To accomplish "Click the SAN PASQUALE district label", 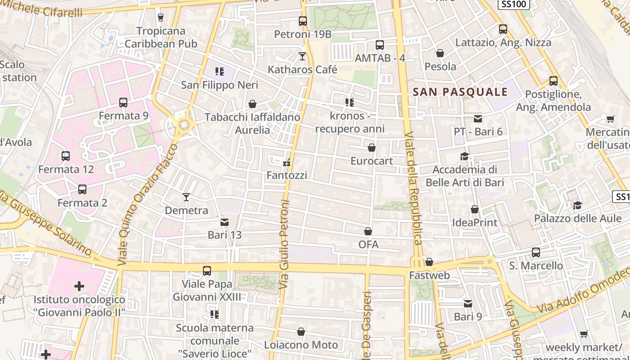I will (x=460, y=92).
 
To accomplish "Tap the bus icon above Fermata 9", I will (x=123, y=103).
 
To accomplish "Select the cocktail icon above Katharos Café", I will (x=302, y=56).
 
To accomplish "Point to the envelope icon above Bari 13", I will (x=225, y=222).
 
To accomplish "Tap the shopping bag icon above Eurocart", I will (x=372, y=148).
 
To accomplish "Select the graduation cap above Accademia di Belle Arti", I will (x=464, y=156).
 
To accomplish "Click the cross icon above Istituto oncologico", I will (x=79, y=286).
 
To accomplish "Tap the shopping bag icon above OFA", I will (x=368, y=231).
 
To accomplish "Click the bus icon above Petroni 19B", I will (x=303, y=21).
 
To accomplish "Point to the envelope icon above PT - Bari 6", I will (x=478, y=119).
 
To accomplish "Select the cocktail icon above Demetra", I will (x=186, y=197).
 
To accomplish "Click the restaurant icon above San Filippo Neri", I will (x=220, y=72).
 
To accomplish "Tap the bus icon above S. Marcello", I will (x=536, y=252).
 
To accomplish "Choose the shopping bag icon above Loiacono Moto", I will (x=301, y=332).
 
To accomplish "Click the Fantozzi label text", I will (x=287, y=175).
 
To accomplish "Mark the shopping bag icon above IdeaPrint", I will (x=475, y=209).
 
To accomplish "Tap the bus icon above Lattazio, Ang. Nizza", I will (x=503, y=30).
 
